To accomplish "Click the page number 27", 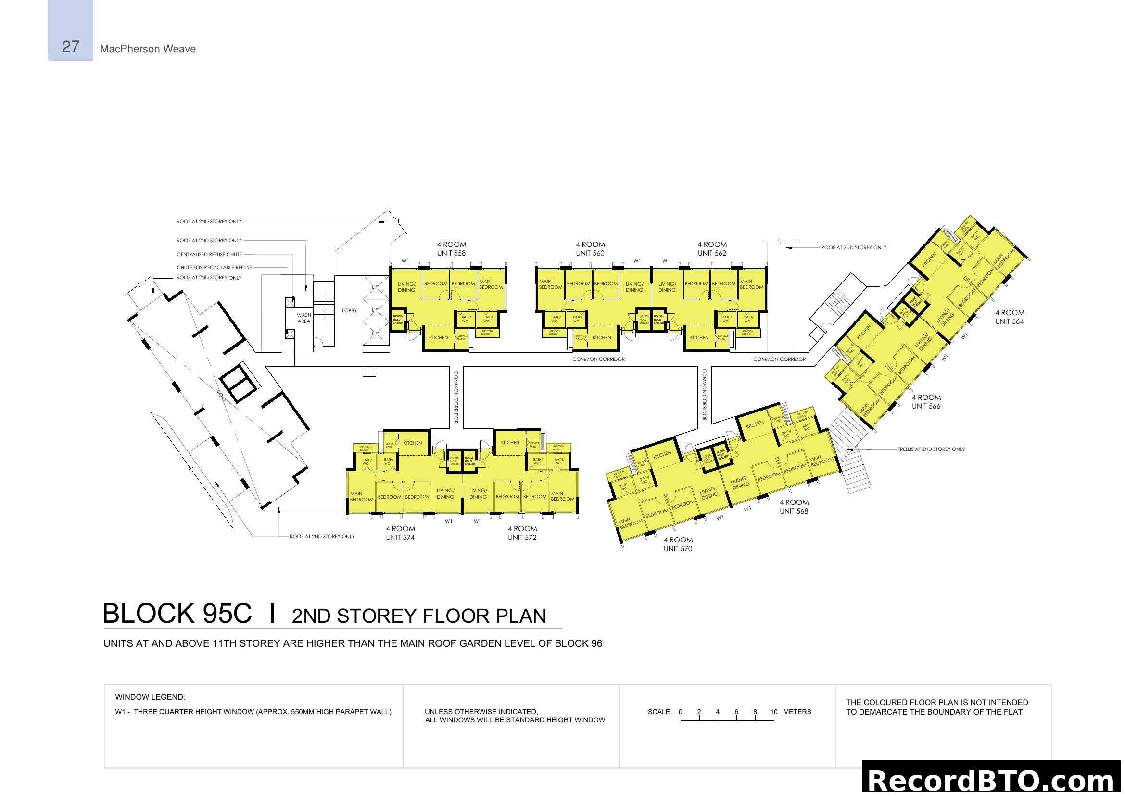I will pos(71,47).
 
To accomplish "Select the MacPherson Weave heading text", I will pos(148,49).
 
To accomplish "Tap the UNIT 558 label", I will pos(451,254).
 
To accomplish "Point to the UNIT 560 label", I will pos(590,254).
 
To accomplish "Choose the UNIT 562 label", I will pos(712,254).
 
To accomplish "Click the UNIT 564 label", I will pos(1009,321).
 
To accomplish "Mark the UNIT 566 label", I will pos(925,406).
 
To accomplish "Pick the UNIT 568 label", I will pos(793,511).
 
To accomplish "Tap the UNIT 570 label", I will pos(678,549).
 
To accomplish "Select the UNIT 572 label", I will pos(522,538).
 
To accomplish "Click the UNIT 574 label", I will pos(400,538).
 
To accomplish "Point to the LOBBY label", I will pos(349,311).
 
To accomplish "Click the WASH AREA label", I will pos(304,318).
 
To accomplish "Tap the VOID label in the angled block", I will pos(221,396).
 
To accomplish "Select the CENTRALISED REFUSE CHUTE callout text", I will pos(209,255).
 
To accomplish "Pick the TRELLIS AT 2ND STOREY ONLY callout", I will pos(931,449).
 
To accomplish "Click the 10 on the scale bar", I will pos(773,712).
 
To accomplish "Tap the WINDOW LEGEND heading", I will pos(150,697).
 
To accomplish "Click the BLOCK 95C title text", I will pos(177,614).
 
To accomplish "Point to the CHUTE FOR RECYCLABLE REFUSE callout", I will pos(214,267).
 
